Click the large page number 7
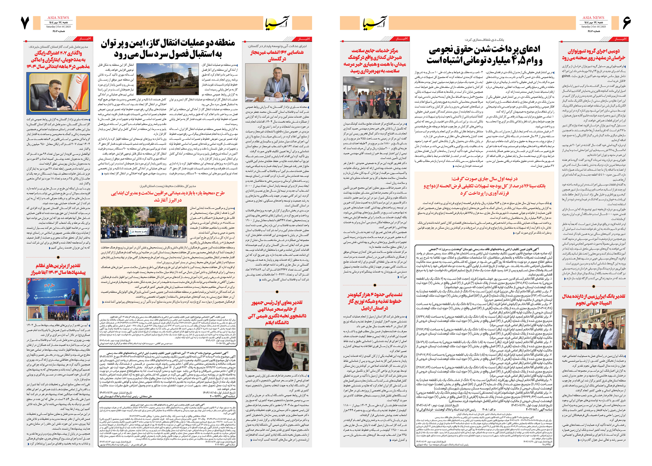pyautogui.click(x=25, y=23)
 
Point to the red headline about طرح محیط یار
pyautogui.click(x=168, y=196)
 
